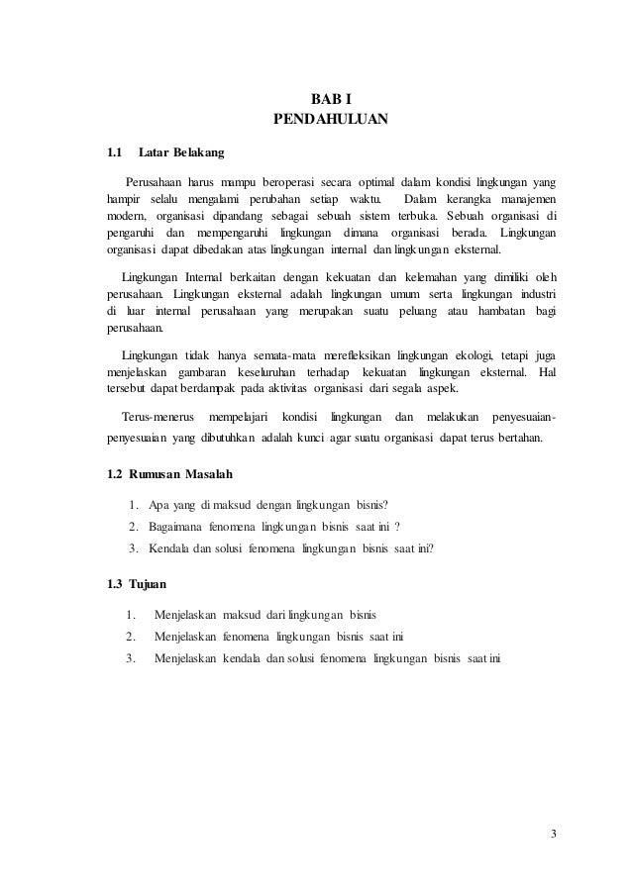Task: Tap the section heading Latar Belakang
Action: (x=181, y=153)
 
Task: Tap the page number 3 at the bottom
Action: (x=554, y=831)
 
